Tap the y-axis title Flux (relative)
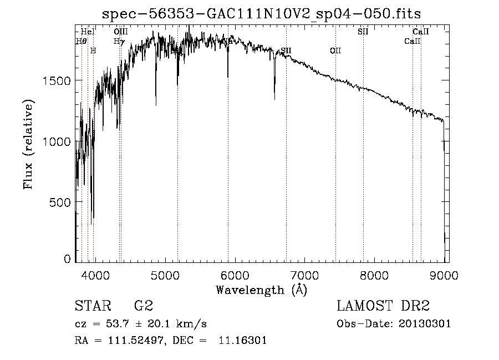tap(28, 144)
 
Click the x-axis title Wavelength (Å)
tap(261, 290)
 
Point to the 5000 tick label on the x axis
tap(165, 274)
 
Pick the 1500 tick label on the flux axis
tap(58, 80)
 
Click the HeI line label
tap(88, 32)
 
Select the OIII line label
tap(120, 32)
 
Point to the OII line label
tap(335, 51)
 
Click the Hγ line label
tap(119, 42)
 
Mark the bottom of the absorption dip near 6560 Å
tap(274, 99)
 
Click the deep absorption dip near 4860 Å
tap(156, 104)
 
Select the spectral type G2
tap(144, 306)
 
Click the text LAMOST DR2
tap(383, 306)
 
